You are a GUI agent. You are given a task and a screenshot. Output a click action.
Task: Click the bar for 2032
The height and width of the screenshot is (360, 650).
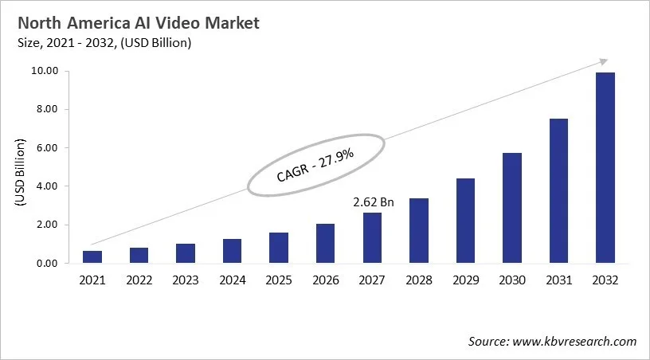point(605,167)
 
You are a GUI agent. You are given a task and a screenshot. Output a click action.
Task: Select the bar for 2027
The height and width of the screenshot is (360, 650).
point(372,237)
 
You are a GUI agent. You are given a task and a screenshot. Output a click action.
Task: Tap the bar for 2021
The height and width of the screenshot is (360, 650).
point(92,256)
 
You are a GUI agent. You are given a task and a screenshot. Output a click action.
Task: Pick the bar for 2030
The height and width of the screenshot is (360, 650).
point(511,207)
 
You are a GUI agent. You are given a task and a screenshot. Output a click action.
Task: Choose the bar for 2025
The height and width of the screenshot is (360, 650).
point(279,248)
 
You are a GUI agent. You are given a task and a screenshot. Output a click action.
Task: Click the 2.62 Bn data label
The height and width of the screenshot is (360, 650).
point(373,202)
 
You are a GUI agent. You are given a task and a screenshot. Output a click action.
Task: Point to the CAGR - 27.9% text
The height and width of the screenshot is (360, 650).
point(315,164)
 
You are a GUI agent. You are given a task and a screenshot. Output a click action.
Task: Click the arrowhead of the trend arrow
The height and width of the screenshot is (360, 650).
point(603,61)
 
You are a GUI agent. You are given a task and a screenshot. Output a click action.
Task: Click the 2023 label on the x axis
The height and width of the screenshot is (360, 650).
point(186,280)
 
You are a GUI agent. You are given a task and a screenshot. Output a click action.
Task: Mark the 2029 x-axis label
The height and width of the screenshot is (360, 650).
point(465,280)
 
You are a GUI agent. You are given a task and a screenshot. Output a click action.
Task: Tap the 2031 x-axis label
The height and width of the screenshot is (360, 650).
point(558,280)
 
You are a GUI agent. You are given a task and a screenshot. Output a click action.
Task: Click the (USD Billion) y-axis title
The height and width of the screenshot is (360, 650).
point(21,168)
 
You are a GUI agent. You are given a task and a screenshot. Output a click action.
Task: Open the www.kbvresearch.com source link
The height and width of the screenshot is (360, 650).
point(575,342)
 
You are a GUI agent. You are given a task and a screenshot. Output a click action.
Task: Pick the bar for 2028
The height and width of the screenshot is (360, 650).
point(418,230)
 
